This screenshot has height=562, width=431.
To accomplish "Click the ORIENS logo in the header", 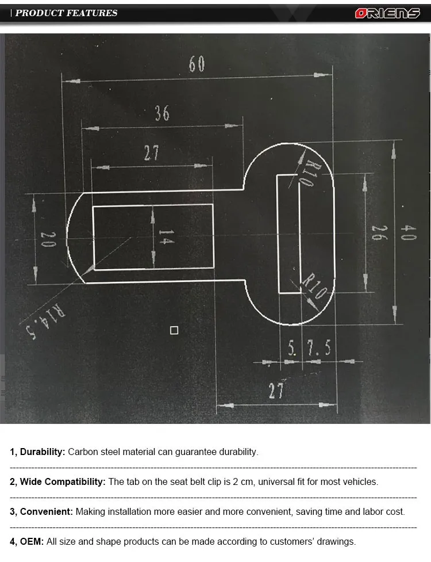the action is pos(387,13).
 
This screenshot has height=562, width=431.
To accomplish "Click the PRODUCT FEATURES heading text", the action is pos(66,13).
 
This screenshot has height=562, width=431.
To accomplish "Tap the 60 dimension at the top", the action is pos(197,64).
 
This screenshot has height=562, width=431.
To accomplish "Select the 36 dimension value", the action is pos(162,113).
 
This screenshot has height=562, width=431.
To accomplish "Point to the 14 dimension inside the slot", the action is pos(166,237).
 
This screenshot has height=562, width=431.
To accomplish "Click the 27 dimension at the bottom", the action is pos(276,391).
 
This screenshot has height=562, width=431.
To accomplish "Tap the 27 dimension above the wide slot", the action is pos(151,154).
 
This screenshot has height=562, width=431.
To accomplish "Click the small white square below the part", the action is pos(174,330).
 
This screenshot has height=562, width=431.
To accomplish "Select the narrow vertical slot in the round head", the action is pos(288,234).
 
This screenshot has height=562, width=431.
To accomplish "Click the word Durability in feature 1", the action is pos(42,452).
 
